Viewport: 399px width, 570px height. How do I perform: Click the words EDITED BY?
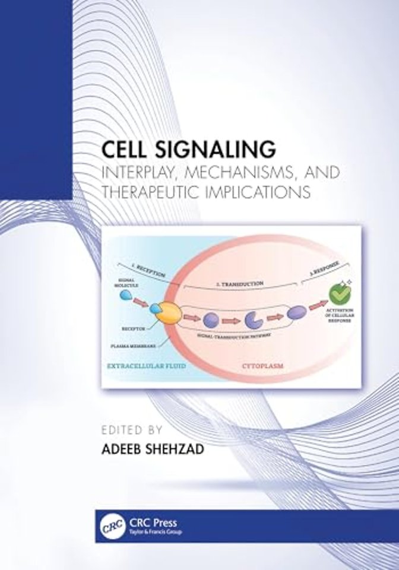pyautogui.click(x=132, y=428)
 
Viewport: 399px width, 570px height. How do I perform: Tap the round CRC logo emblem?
pyautogui.click(x=106, y=525)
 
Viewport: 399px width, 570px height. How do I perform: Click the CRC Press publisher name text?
pyautogui.click(x=148, y=521)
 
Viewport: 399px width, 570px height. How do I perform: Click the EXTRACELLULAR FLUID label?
pyautogui.click(x=147, y=366)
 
